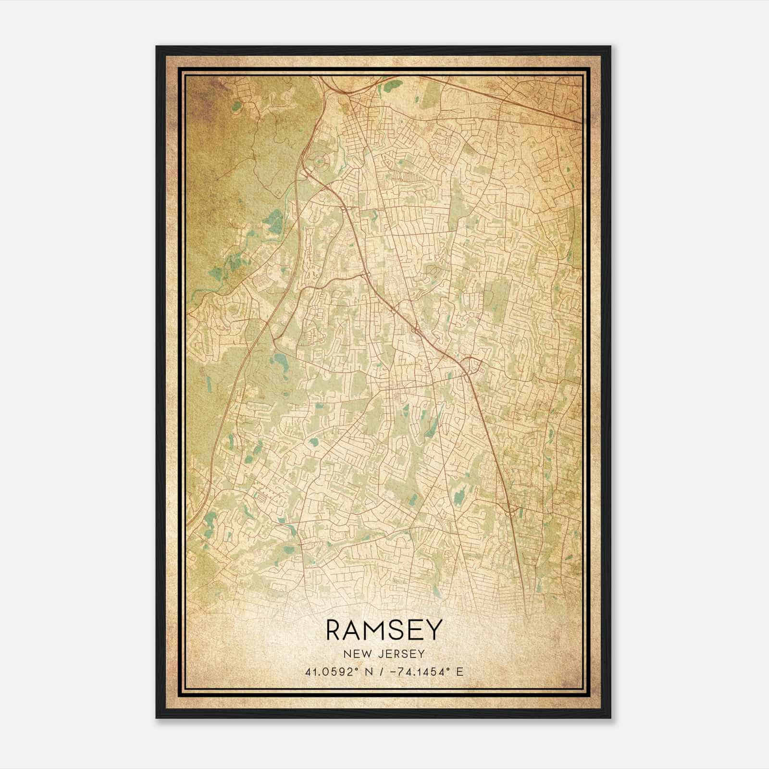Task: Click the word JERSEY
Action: point(403,654)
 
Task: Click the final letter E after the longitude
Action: point(460,672)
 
